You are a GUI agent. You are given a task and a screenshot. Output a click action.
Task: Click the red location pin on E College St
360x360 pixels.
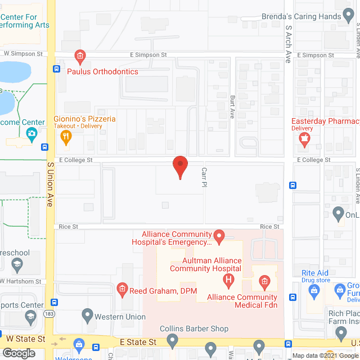pyautogui.click(x=179, y=166)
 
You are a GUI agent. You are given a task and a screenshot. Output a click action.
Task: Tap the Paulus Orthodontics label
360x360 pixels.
pyautogui.click(x=102, y=71)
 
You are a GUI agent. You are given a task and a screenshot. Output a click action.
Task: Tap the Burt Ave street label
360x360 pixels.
pyautogui.click(x=232, y=107)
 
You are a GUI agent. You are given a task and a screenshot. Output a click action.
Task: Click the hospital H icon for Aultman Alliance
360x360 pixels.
pyautogui.click(x=228, y=280)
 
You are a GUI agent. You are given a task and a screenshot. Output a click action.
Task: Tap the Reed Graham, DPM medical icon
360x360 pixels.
pyautogui.click(x=121, y=290)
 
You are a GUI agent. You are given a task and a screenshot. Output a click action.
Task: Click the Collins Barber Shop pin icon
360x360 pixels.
pyautogui.click(x=173, y=340)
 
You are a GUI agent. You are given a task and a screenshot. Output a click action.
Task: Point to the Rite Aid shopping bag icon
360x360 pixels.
pyautogui.click(x=314, y=290)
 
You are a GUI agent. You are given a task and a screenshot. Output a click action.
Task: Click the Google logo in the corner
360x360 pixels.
pyautogui.click(x=19, y=353)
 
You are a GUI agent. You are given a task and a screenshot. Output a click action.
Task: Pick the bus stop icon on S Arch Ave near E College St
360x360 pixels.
pyautogui.click(x=292, y=186)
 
